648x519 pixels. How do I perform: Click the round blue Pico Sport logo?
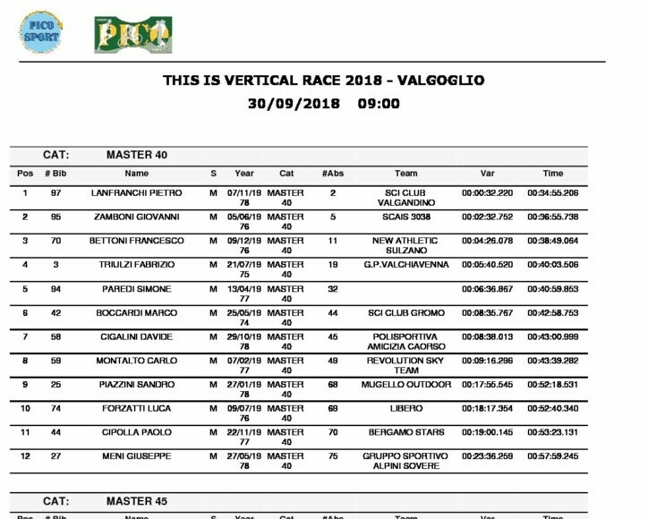(x=41, y=33)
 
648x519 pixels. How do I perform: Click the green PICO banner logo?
(x=132, y=34)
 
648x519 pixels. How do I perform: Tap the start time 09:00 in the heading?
(x=379, y=104)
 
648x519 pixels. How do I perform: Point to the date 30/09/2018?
(x=294, y=104)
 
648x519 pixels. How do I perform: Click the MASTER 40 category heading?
(x=137, y=155)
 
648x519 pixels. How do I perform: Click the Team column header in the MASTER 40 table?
(x=405, y=174)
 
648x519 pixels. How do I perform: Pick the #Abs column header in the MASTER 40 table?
(x=333, y=174)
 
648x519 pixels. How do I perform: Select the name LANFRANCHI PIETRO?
(x=136, y=193)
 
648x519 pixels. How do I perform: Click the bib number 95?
(x=55, y=217)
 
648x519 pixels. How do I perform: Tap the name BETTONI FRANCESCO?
(x=136, y=242)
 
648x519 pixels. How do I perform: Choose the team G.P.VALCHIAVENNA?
(x=405, y=266)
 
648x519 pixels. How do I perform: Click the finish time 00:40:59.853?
(x=552, y=290)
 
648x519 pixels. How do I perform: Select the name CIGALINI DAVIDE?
(x=136, y=337)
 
